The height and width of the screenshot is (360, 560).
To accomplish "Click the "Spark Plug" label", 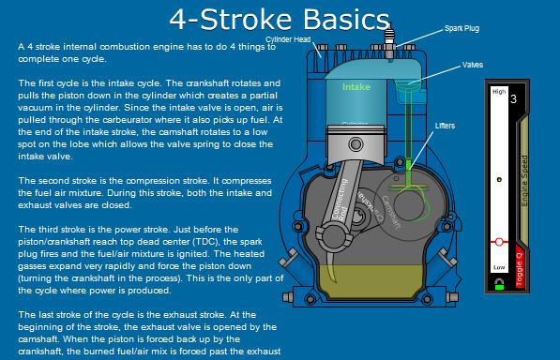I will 462,29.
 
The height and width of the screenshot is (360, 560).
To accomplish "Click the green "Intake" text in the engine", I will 356,87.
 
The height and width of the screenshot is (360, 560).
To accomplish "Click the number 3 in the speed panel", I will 513,97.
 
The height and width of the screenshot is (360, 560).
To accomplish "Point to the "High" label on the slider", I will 498,92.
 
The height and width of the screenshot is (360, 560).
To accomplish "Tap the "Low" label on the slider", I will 498,266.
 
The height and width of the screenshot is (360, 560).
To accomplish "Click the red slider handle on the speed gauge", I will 499,242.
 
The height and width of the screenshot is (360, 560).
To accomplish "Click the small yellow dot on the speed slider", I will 499,179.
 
